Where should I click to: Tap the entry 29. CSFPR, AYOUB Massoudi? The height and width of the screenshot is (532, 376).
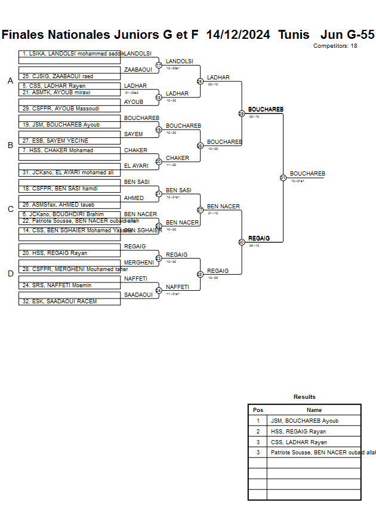click(x=60, y=109)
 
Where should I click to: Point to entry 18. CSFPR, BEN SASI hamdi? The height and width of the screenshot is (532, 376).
click(x=60, y=189)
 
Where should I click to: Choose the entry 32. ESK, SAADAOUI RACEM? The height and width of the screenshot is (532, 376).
click(x=60, y=302)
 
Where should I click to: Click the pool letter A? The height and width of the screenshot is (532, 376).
click(x=10, y=81)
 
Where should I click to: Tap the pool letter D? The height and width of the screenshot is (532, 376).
click(x=10, y=274)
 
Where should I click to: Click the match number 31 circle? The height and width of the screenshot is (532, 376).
click(x=283, y=177)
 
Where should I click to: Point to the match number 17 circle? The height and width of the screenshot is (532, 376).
click(x=159, y=65)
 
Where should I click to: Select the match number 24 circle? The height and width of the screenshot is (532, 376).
click(x=159, y=291)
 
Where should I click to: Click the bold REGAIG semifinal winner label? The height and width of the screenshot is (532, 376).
click(x=259, y=238)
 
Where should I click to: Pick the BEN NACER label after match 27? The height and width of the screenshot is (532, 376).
click(x=223, y=207)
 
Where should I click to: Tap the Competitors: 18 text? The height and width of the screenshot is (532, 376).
click(x=335, y=46)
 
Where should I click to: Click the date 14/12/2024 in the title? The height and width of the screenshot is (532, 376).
click(x=238, y=35)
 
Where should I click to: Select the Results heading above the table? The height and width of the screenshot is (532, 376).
click(x=304, y=397)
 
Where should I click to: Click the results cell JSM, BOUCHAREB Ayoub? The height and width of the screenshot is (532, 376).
click(x=304, y=421)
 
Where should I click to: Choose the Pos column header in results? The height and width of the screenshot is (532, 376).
click(x=258, y=410)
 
